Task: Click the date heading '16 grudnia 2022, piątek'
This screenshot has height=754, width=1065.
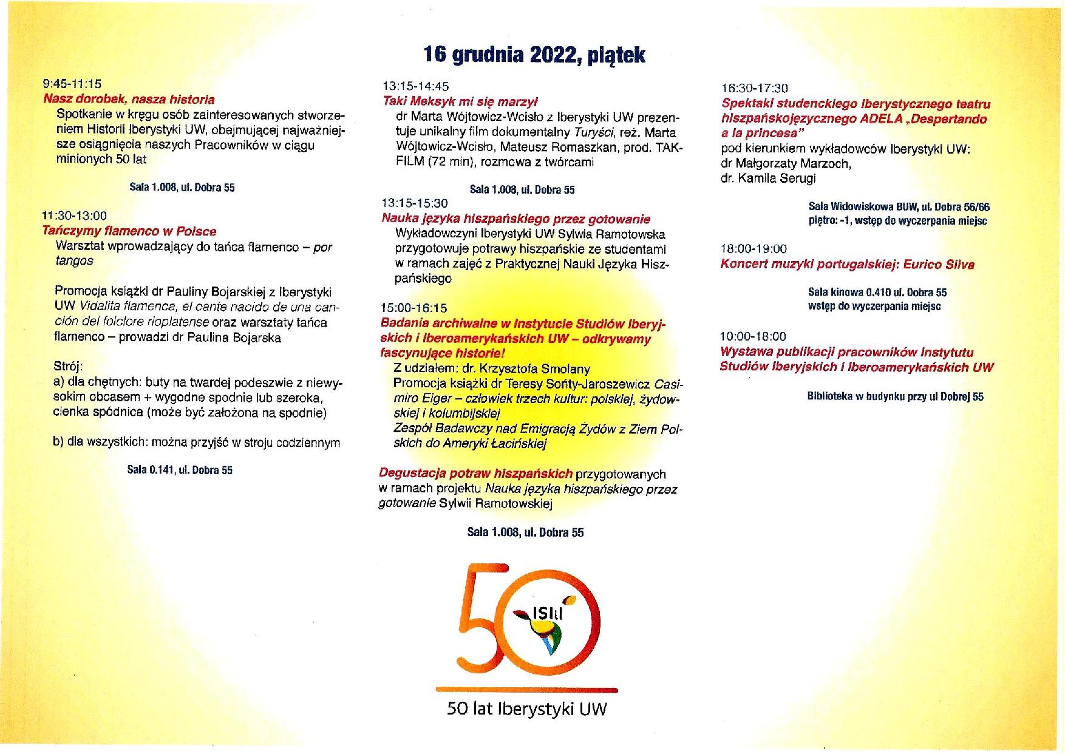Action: [x=534, y=55]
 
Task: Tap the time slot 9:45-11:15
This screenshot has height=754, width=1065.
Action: [x=72, y=84]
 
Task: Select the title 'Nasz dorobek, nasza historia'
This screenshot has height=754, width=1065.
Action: [x=129, y=100]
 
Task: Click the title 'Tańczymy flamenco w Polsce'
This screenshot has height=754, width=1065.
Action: [x=129, y=231]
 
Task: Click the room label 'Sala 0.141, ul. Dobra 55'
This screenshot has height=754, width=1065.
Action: [x=180, y=470]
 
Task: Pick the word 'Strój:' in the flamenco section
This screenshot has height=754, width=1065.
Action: [x=68, y=367]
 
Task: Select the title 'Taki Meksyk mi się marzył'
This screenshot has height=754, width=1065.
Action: [x=460, y=101]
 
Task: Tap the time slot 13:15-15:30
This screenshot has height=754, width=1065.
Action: [x=415, y=203]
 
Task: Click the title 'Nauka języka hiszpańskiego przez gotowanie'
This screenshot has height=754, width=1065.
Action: [x=515, y=219]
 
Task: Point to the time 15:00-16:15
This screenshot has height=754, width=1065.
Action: [x=414, y=308]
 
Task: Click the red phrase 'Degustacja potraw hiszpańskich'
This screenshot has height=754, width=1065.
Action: [x=475, y=474]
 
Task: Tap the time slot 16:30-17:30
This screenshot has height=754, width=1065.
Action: [x=754, y=89]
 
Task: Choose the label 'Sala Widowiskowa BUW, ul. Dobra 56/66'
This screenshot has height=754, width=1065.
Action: [x=899, y=207]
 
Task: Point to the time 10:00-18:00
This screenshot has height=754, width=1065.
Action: [x=753, y=336]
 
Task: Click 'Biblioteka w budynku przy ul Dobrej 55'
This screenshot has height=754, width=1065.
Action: [x=896, y=397]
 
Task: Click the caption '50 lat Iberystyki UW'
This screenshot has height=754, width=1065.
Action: [x=526, y=709]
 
